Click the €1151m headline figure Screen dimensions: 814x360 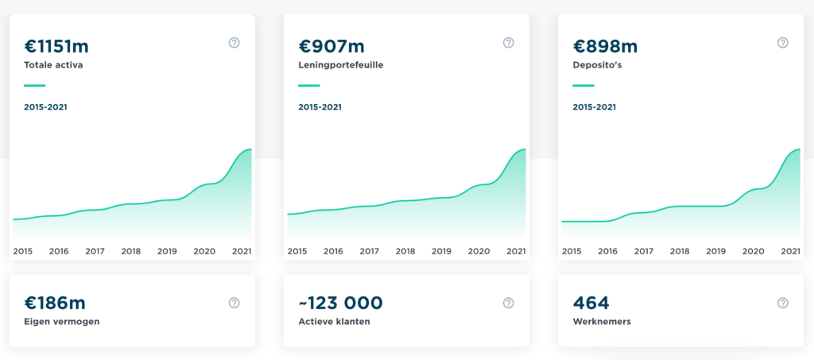point(56,47)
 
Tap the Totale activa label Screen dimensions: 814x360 point(53,65)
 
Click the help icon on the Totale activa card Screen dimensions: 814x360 point(235,43)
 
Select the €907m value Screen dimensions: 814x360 point(331,47)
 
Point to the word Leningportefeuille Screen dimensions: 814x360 point(341,66)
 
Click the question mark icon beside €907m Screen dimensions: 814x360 point(508,43)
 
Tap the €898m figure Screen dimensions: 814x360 point(605,47)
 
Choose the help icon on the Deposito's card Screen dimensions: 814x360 point(782,43)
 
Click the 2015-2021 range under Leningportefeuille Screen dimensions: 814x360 point(320,107)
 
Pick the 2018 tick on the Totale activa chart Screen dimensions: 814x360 point(131,252)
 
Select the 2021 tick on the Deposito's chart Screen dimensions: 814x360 point(790,252)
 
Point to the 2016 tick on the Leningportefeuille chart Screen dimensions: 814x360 point(333,252)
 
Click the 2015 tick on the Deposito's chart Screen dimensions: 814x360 point(572,252)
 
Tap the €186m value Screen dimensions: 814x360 point(55,303)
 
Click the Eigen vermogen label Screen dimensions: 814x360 point(62,322)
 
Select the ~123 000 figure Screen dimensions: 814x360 point(340,303)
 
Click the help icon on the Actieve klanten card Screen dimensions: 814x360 point(508,303)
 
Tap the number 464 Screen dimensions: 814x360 point(591,303)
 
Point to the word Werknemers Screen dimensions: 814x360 point(602,322)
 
